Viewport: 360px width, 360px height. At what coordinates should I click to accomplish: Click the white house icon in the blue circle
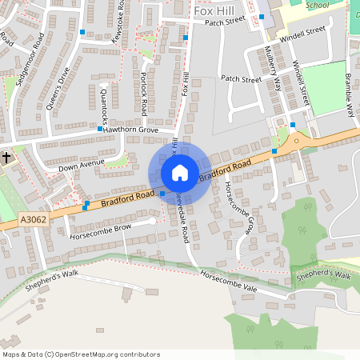179,172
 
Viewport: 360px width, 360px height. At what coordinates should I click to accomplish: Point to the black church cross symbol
6,157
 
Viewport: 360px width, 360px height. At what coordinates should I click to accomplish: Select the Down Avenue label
82,166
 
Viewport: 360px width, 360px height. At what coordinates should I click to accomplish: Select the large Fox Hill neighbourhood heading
214,10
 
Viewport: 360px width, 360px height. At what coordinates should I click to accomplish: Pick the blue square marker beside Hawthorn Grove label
100,129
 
